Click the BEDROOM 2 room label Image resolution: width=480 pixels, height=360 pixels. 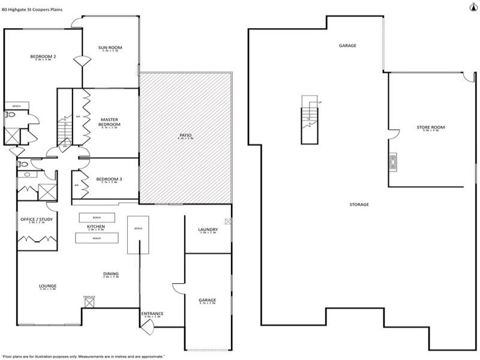(x=43, y=57)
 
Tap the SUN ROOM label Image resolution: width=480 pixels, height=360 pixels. (x=110, y=47)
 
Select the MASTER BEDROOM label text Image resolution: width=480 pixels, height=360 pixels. (x=110, y=122)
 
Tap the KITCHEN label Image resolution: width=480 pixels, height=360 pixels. (x=96, y=226)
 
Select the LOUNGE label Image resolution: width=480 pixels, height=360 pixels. (x=47, y=286)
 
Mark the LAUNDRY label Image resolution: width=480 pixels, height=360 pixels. (x=208, y=230)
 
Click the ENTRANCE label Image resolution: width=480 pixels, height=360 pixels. (x=152, y=313)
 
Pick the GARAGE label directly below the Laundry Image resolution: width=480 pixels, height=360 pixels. (x=207, y=300)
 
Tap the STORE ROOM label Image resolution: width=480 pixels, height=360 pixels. (x=430, y=127)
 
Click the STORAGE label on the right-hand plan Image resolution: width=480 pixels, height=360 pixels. (x=359, y=205)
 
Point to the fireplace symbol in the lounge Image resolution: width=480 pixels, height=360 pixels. (x=89, y=303)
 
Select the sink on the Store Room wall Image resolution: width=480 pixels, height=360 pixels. (x=392, y=160)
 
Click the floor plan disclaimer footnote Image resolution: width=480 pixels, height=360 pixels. (x=84, y=356)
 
